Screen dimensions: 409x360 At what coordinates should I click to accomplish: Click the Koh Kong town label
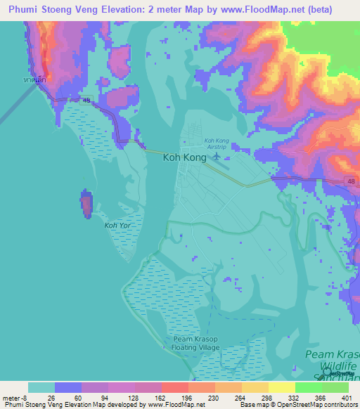point(184,158)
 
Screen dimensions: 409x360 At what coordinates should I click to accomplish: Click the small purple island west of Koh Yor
point(86,204)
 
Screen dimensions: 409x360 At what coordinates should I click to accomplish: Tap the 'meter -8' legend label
point(15,398)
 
